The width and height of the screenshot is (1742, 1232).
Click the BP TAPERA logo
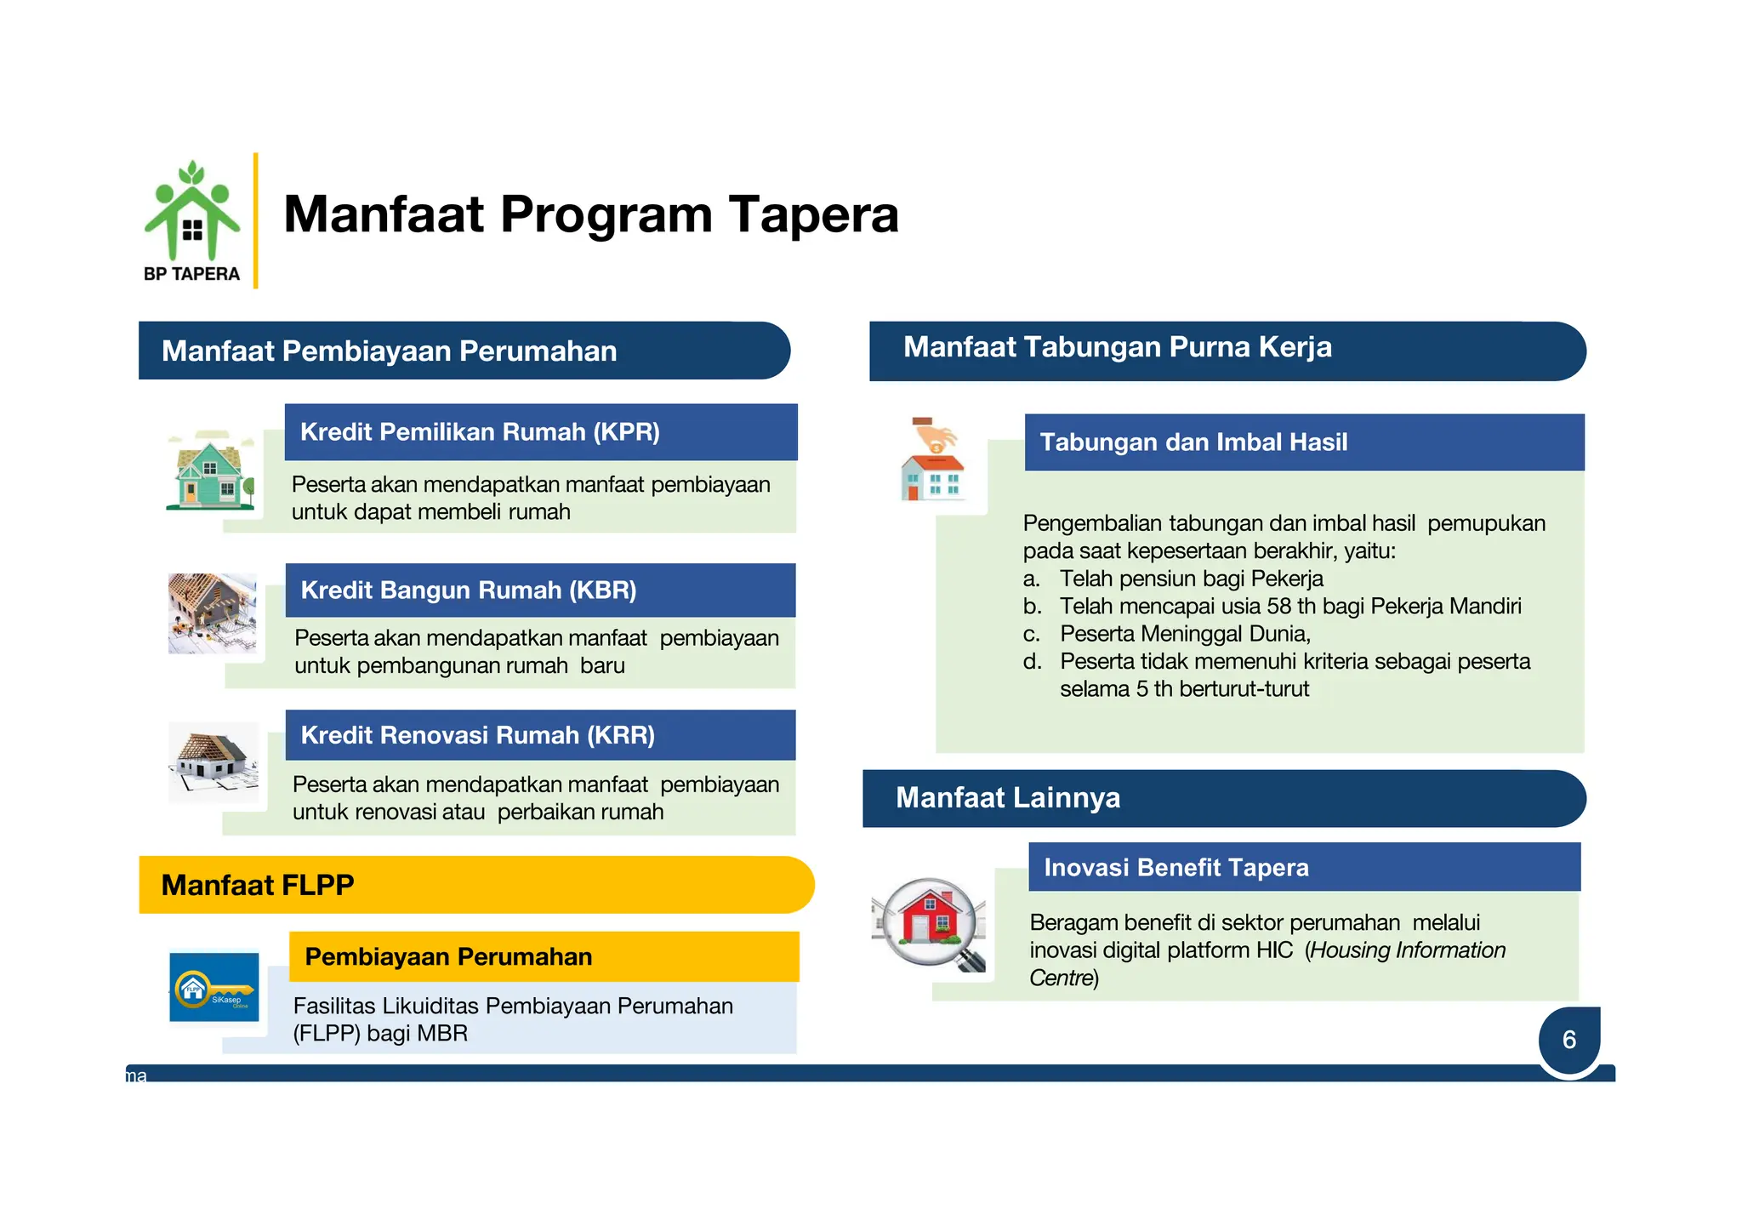(192, 221)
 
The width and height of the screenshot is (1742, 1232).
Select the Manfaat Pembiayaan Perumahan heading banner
(464, 351)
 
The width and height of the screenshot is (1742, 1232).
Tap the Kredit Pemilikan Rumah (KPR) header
(540, 431)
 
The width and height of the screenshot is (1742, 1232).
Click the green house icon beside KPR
(210, 471)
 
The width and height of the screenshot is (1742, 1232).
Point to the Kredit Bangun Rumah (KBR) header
(540, 590)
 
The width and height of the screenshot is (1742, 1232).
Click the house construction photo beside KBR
(212, 613)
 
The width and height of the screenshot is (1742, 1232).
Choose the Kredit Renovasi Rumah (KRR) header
(540, 735)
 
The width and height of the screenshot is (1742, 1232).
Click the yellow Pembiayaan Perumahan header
(544, 956)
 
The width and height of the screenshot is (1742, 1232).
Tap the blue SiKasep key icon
(213, 987)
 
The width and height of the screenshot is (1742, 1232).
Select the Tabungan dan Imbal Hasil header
(1303, 442)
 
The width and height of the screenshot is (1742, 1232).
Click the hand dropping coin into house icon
(933, 459)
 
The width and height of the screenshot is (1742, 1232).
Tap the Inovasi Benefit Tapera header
(1303, 867)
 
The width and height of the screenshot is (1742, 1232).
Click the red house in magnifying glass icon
(929, 922)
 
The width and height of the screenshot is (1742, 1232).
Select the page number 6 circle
(1569, 1040)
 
